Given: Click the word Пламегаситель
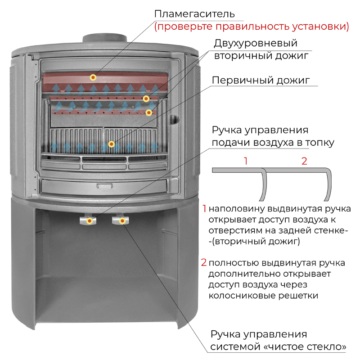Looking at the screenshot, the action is click(x=194, y=14).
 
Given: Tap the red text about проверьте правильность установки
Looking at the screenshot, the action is click(x=252, y=27).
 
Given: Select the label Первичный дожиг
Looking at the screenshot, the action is click(x=261, y=81).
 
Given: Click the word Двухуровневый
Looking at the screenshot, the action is click(x=256, y=43).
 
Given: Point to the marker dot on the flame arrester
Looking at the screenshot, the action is click(x=93, y=77).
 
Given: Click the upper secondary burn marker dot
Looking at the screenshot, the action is click(x=146, y=99).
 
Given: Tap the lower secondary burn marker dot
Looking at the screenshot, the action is click(x=149, y=112).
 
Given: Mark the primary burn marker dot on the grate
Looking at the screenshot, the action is click(x=111, y=144).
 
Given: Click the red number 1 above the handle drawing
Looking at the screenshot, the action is click(x=246, y=161).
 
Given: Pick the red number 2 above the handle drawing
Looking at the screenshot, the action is click(x=304, y=161).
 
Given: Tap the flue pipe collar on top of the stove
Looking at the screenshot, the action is click(x=105, y=38).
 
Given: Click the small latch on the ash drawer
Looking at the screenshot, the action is click(x=105, y=185).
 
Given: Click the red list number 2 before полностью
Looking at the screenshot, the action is click(x=204, y=262).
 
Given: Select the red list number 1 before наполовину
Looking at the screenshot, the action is click(x=204, y=209).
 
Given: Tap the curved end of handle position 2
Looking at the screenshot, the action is click(x=329, y=184).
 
